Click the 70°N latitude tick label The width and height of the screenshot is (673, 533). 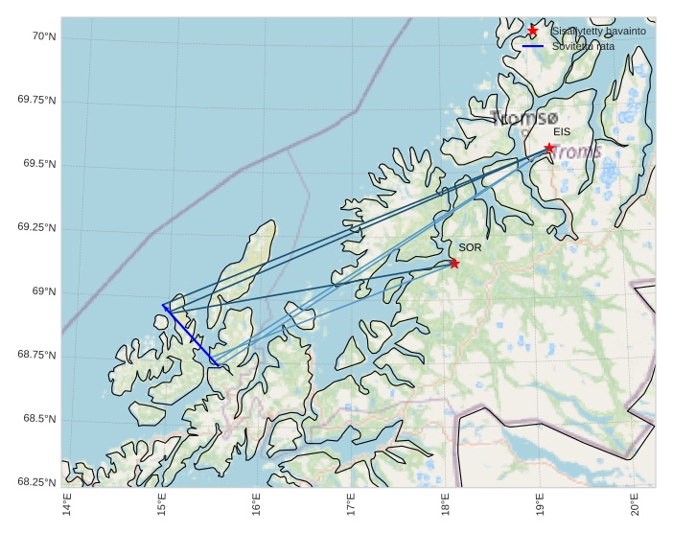pos(43,36)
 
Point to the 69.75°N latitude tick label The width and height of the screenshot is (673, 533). pos(36,101)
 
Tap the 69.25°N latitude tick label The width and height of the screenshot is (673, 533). pos(36,228)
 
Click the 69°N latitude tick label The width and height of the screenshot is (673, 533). pos(43,291)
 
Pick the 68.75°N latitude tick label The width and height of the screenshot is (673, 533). pos(36,355)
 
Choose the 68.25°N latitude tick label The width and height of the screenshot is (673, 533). pos(36,482)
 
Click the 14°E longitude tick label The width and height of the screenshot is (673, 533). pos(66,502)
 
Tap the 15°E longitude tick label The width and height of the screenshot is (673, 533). pos(161,502)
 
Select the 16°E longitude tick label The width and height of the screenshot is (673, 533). pos(256,502)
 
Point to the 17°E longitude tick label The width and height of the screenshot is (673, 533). pos(351,502)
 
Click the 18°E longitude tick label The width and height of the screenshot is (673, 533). pos(445,502)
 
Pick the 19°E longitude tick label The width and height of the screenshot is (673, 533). pos(540,502)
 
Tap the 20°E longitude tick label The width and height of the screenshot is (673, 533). pos(635,502)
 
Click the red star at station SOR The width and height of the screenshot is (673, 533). pos(454,263)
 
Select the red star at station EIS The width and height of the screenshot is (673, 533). pos(549,148)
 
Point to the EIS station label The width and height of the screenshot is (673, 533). pos(562,132)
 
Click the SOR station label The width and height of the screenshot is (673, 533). pos(470,247)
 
